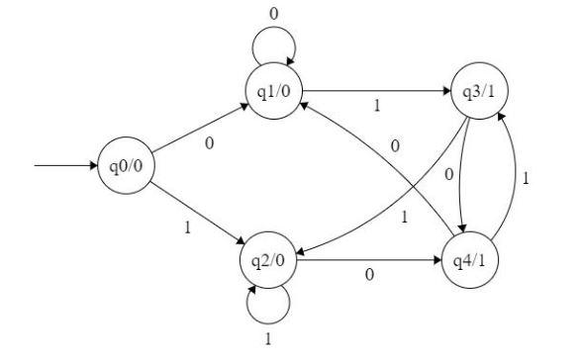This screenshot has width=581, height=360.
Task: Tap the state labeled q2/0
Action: (267, 262)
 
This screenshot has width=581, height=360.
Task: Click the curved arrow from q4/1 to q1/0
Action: (381, 158)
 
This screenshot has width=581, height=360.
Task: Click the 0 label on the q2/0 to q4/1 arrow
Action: (369, 277)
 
